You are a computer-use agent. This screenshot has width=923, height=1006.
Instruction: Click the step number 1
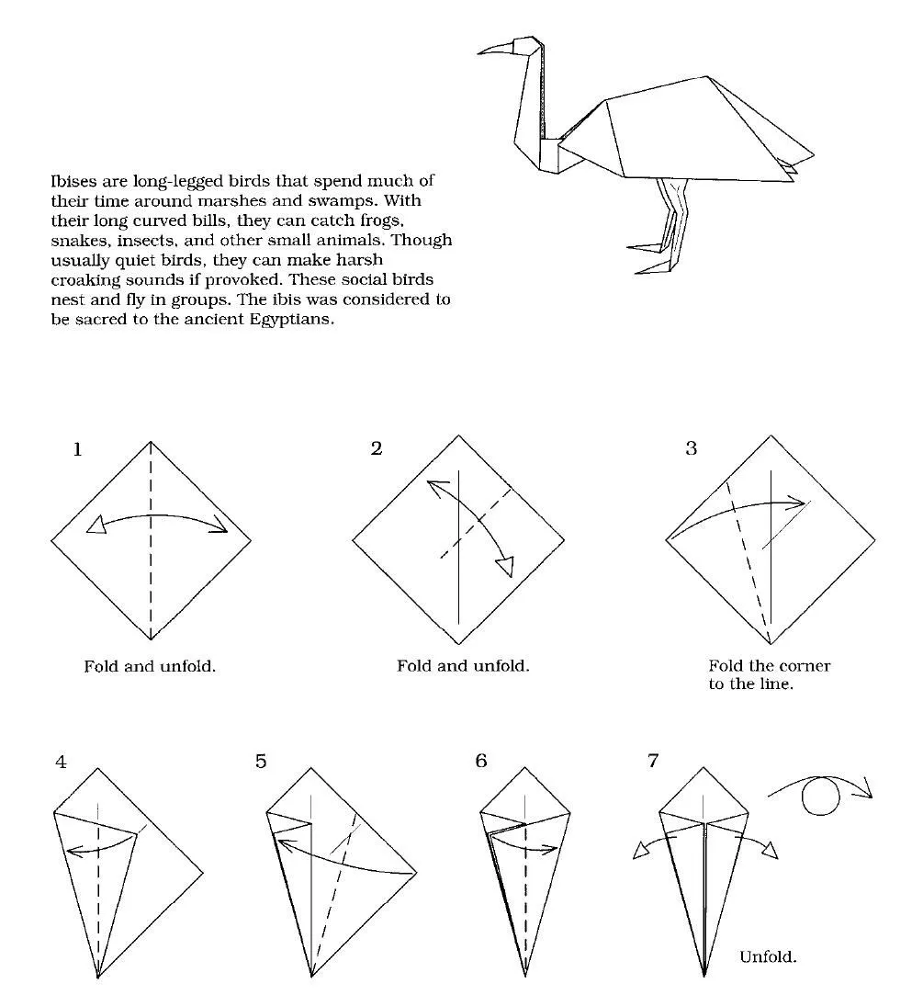click(x=78, y=449)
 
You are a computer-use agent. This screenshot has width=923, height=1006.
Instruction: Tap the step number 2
click(x=377, y=449)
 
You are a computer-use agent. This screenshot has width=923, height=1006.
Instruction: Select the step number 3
click(x=691, y=449)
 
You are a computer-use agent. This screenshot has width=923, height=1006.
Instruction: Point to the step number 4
click(x=61, y=762)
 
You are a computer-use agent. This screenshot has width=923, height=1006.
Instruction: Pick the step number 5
click(x=262, y=762)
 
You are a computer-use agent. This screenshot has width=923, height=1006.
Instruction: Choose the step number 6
click(x=482, y=762)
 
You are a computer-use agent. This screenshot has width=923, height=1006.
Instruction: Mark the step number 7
click(x=653, y=762)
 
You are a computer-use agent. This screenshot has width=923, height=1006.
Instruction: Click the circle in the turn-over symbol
click(x=821, y=797)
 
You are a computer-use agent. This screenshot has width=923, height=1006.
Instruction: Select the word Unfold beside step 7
click(x=768, y=957)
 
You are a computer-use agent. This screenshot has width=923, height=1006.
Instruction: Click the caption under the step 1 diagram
click(x=150, y=666)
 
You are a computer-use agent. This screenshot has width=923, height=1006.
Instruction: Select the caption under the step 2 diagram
click(x=463, y=666)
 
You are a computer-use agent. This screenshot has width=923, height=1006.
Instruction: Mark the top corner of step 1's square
click(x=151, y=441)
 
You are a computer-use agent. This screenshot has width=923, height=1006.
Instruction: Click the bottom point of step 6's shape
click(x=525, y=977)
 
